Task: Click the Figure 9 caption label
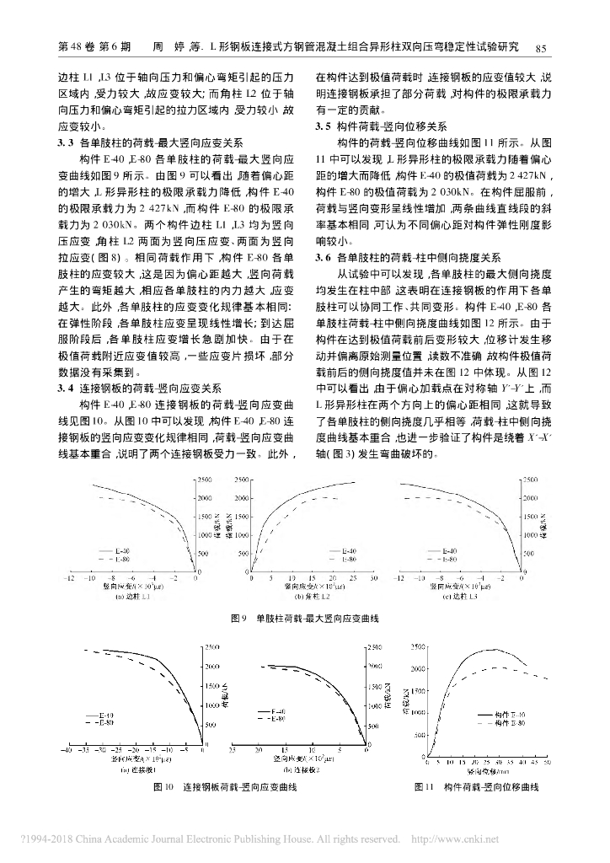pyautogui.click(x=237, y=619)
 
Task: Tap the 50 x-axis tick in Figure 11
pyautogui.click(x=548, y=762)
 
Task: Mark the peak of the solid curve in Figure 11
pyautogui.click(x=491, y=649)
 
